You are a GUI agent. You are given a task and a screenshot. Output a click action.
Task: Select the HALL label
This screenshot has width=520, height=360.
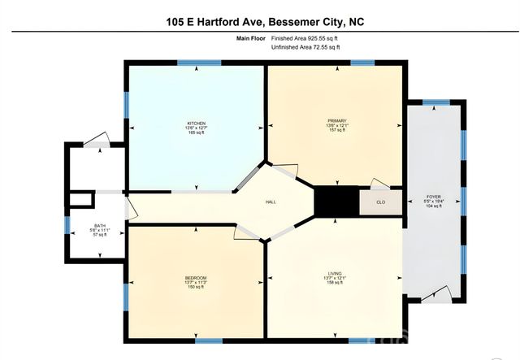[x=273, y=202]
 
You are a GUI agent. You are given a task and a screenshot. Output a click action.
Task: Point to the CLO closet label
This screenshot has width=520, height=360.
[x=380, y=202]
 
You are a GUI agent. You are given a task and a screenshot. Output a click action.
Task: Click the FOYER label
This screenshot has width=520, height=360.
[x=434, y=197]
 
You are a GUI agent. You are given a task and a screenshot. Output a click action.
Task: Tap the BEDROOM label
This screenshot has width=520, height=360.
[x=196, y=278]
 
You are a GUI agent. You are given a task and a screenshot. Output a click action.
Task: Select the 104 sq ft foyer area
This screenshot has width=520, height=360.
[x=434, y=206]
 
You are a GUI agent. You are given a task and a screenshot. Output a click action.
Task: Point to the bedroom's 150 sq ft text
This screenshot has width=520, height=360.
[x=196, y=288]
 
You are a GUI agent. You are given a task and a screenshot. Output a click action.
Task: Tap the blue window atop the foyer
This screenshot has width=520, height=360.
[x=435, y=102]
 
